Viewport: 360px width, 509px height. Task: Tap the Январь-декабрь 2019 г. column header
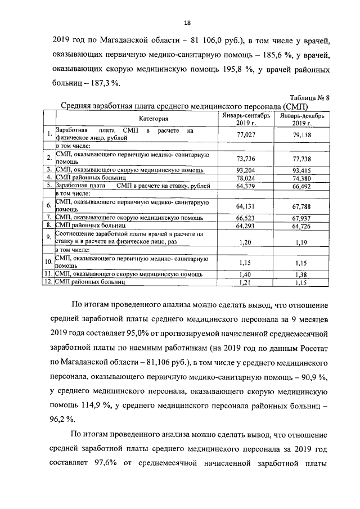[298, 119]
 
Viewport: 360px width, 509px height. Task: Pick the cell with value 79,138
[298, 135]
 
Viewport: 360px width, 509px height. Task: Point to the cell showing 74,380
[298, 177]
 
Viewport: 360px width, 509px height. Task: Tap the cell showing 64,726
[298, 226]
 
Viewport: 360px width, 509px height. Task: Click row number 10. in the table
[48, 262]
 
